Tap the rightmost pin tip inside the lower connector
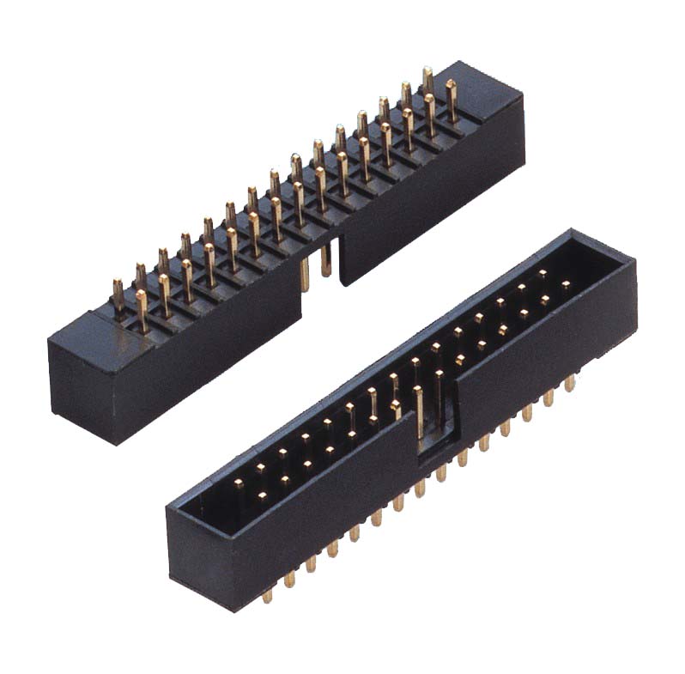566,283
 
